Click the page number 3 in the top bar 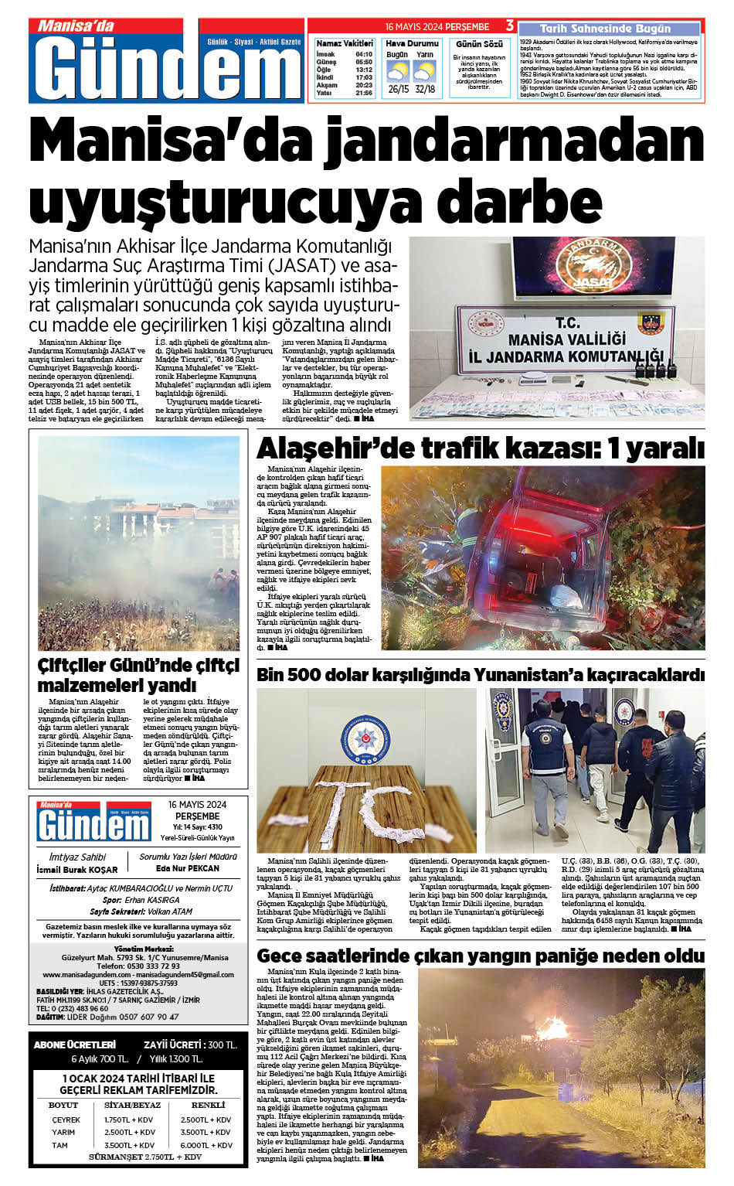pos(510,26)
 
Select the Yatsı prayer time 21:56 pos(364,93)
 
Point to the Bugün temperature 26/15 pos(398,89)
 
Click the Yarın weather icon pos(424,72)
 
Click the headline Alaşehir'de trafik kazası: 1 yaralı pos(480,448)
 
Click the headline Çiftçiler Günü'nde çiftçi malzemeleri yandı pos(139,675)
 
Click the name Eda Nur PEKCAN pos(188,868)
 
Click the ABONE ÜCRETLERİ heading pos(75,1045)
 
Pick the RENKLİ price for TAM pos(206,1145)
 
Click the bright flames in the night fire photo pos(553,1029)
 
